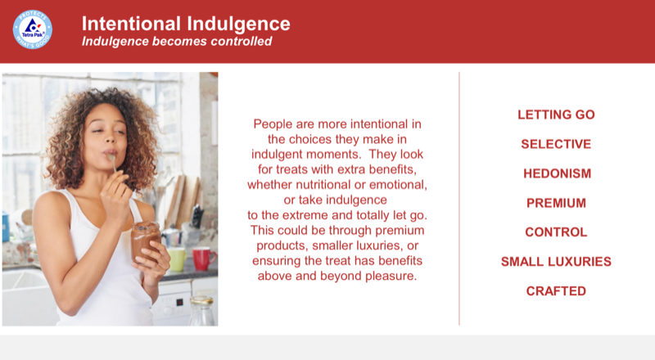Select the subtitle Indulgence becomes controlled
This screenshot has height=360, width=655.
pos(177,42)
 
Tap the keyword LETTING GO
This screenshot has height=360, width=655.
pos(556,115)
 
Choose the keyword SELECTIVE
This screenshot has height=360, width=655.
pos(556,144)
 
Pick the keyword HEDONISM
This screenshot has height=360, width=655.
pos(556,173)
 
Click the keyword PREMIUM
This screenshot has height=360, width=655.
pos(556,203)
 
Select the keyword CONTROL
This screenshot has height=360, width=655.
pos(556,232)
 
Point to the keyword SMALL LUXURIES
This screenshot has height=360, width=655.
pos(556,262)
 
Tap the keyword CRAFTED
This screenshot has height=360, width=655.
pos(556,291)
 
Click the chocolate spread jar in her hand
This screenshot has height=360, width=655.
pos(145,241)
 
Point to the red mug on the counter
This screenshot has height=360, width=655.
pos(201,259)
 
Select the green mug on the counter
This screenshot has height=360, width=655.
pos(176,259)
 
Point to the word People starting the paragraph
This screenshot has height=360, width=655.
pos(273,124)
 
